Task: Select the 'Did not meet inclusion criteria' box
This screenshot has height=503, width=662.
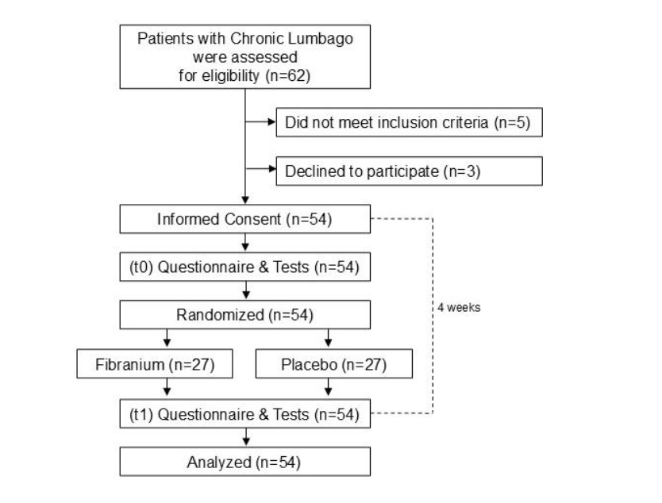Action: tap(408, 123)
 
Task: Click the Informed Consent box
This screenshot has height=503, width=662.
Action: tap(245, 219)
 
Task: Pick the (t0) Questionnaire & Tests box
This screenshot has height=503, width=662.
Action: tap(245, 267)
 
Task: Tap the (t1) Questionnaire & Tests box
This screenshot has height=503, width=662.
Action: tap(245, 413)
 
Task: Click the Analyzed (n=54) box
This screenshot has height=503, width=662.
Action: tap(245, 462)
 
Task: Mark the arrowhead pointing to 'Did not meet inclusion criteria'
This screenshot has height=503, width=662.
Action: tap(270, 123)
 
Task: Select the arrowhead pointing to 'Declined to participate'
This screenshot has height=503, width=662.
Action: tap(270, 170)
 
